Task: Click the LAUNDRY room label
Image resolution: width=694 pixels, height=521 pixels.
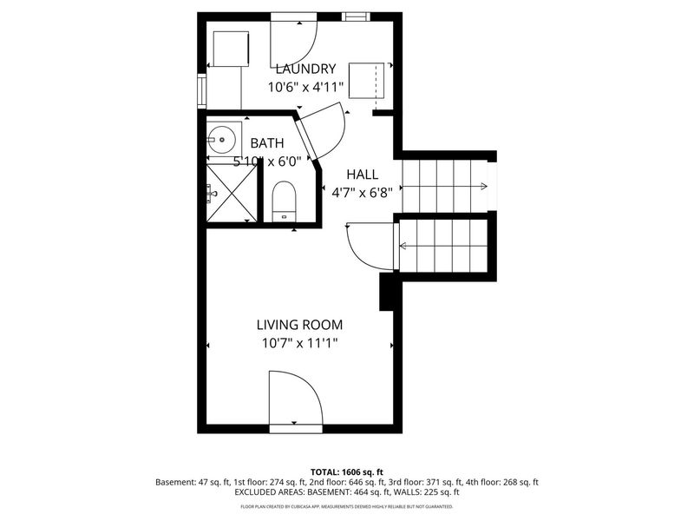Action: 305,69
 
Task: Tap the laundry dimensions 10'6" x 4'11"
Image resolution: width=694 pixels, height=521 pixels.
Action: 305,87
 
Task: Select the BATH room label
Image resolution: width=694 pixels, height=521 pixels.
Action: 266,143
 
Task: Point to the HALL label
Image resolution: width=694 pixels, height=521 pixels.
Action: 363,174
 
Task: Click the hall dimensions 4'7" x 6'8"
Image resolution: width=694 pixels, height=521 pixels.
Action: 363,192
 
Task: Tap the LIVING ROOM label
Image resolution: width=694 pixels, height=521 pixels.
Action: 299,325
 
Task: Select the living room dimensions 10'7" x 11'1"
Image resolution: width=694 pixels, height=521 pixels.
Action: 299,343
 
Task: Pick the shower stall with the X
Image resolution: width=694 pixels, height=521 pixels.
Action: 232,193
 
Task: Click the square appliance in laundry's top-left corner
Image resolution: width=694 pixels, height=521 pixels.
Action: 231,48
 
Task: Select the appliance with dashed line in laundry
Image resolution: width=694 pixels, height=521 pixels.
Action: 370,83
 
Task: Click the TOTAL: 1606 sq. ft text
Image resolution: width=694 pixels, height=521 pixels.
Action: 346,471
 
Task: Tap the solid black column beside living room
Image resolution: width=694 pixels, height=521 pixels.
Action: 389,292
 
